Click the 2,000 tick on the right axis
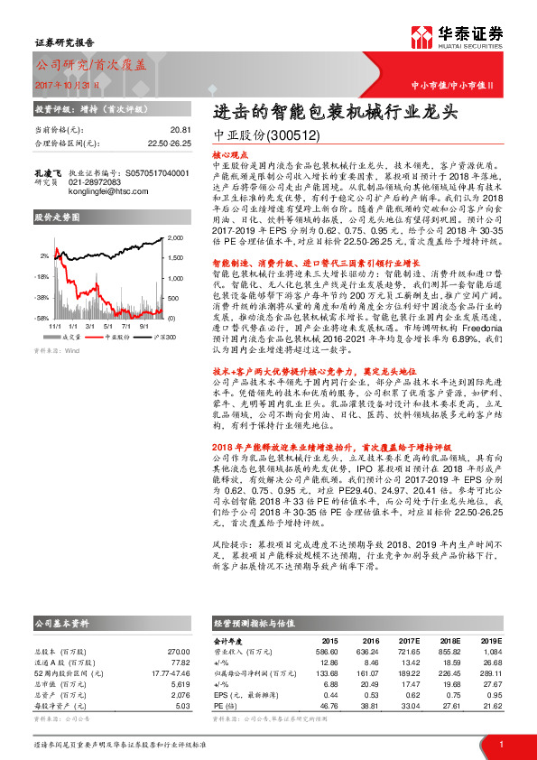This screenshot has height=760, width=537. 175,238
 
